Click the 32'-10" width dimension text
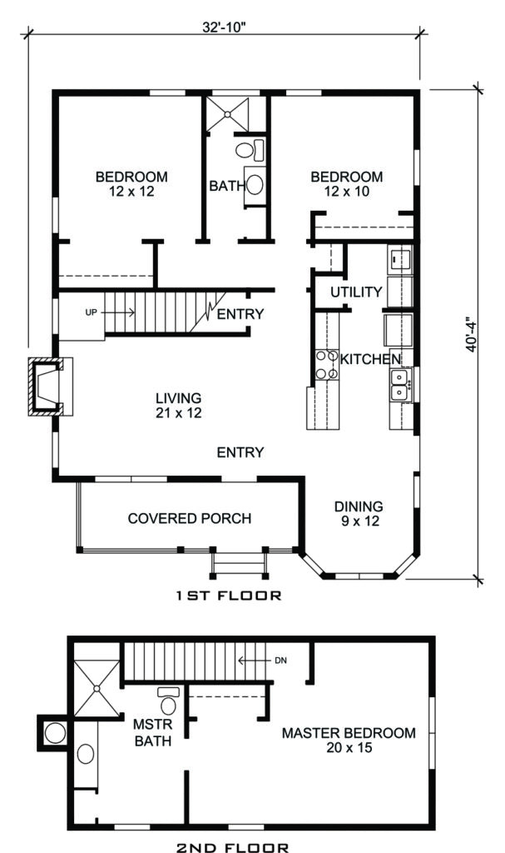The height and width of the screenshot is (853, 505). pyautogui.click(x=224, y=26)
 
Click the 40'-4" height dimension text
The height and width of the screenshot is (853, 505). pyautogui.click(x=472, y=334)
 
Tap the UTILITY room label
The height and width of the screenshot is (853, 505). pyautogui.click(x=356, y=292)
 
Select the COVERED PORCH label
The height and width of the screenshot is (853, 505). pyautogui.click(x=189, y=518)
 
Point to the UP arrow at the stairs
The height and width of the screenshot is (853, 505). pyautogui.click(x=110, y=312)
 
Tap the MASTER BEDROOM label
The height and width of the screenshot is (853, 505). pyautogui.click(x=348, y=741)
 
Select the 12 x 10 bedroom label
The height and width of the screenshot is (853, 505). pyautogui.click(x=347, y=183)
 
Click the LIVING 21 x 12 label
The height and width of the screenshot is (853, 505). pyautogui.click(x=178, y=405)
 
